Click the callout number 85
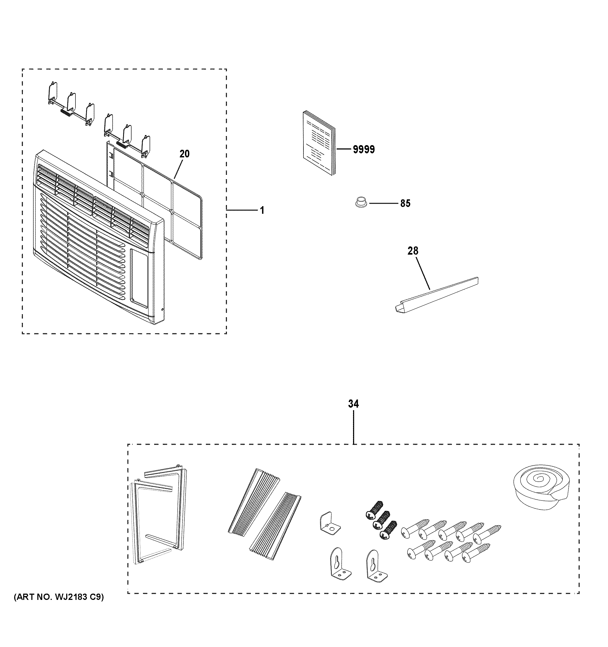click(x=405, y=203)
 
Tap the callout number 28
click(x=413, y=251)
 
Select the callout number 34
click(x=354, y=404)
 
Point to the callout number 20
click(x=184, y=154)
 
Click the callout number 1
click(x=262, y=210)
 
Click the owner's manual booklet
click(x=319, y=143)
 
